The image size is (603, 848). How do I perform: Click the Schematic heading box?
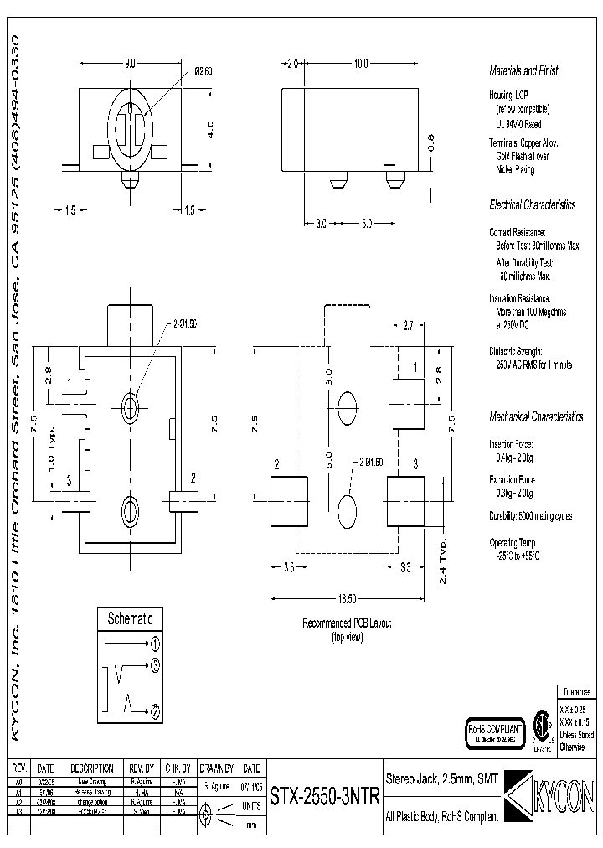[130, 619]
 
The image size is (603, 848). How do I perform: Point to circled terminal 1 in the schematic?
[155, 644]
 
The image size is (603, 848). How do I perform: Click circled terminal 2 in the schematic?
[155, 712]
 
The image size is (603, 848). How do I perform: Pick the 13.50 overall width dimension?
[347, 599]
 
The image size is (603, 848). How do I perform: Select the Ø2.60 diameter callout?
[204, 72]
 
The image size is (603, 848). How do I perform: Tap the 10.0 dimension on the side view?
[360, 64]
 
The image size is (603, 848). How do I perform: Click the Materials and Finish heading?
[524, 72]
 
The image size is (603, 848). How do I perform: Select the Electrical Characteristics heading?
[532, 205]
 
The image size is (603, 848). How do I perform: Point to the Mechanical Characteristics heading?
[535, 416]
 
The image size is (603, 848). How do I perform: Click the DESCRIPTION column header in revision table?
[91, 768]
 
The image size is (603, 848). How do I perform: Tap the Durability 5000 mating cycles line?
[530, 516]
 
